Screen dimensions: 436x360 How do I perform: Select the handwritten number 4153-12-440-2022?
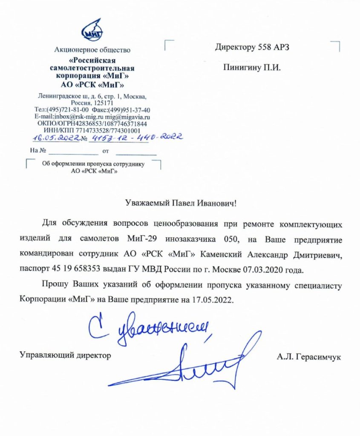(137, 137)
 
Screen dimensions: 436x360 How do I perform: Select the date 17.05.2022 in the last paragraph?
(212, 299)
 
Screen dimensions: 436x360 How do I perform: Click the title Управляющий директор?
(66, 354)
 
